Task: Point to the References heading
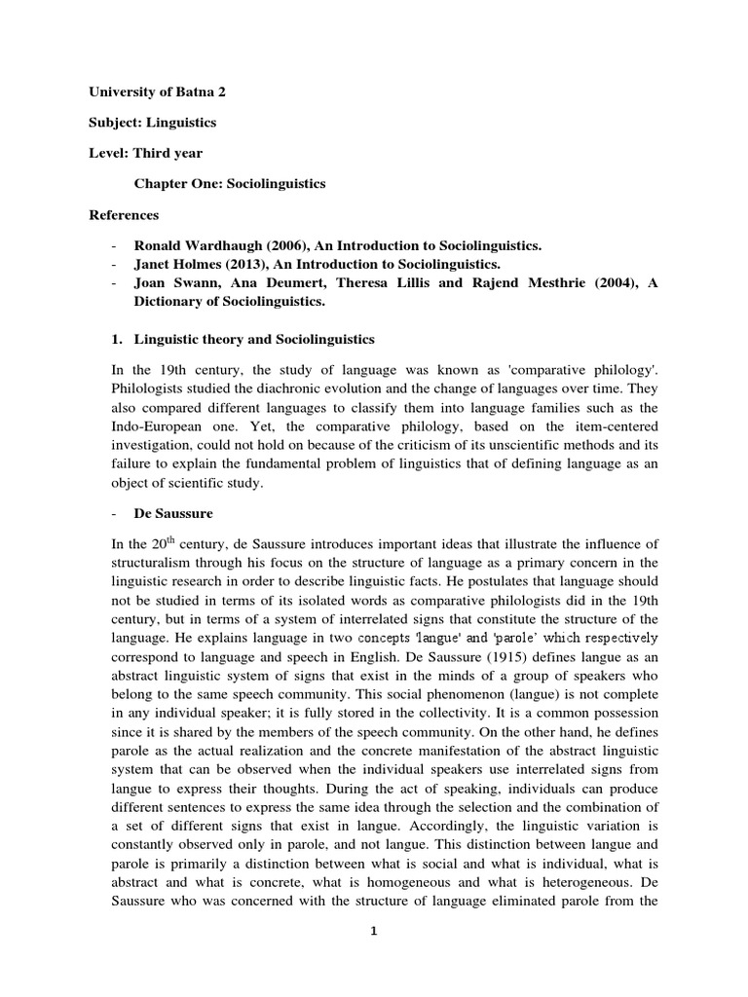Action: (124, 214)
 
